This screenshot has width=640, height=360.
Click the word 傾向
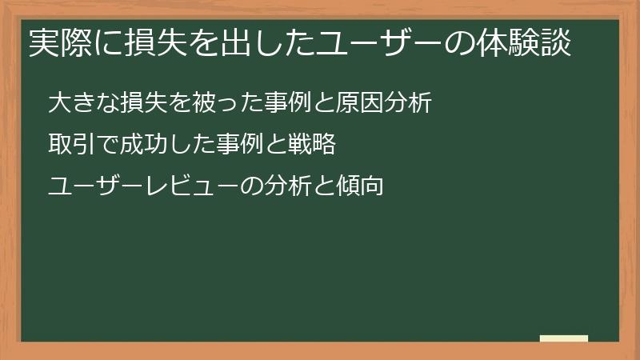[x=364, y=186]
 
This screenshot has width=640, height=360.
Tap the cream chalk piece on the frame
[x=564, y=338]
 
